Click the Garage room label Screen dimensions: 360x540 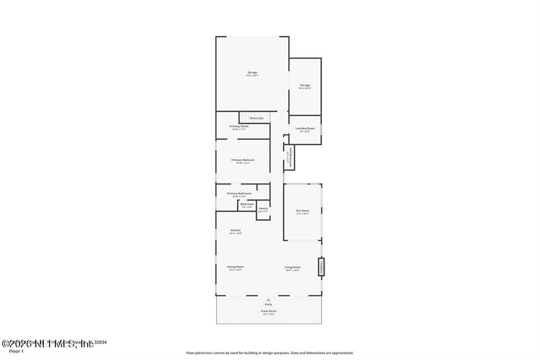click(252, 73)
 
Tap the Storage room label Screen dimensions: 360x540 click(304, 86)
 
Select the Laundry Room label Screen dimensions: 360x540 click(305, 129)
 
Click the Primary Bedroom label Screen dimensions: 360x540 click(242, 161)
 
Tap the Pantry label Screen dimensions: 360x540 click(263, 209)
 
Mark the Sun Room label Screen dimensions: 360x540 click(302, 211)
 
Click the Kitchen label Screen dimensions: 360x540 click(236, 231)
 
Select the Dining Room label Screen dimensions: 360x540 click(236, 267)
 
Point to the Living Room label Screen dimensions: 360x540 click(292, 267)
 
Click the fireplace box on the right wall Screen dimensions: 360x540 click(322, 267)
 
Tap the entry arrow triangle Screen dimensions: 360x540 click(269, 299)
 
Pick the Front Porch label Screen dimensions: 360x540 click(269, 311)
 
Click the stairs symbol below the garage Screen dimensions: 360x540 click(256, 118)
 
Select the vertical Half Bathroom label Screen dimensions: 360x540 click(289, 155)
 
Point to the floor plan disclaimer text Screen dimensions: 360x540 click(270, 353)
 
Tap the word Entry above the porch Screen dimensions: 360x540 click(269, 305)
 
